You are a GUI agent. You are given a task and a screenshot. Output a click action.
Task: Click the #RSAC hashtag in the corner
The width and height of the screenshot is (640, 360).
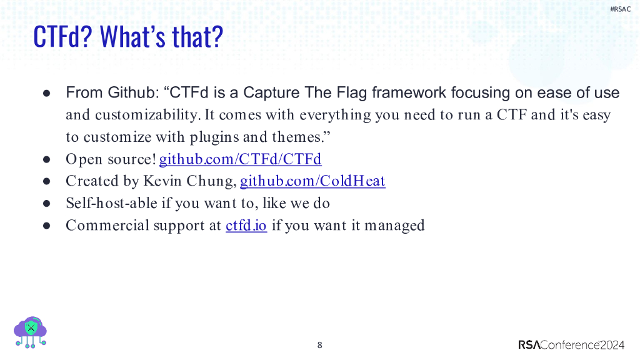620,9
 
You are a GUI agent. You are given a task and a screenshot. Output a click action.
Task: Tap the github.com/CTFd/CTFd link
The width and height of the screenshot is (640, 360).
240,159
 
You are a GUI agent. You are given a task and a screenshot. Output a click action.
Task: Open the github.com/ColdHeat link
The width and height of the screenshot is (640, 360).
312,181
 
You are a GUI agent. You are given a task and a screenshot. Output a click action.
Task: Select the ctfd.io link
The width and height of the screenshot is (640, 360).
246,225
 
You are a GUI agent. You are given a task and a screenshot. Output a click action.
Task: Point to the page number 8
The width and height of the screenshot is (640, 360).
320,345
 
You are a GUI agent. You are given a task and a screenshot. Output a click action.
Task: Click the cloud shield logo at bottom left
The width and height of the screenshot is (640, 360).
30,331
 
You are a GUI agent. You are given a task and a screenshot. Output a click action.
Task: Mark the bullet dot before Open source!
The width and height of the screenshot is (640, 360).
46,159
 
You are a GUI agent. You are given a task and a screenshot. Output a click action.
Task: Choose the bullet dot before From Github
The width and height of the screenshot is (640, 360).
46,94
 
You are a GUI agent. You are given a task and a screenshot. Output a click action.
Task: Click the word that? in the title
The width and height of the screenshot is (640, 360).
197,37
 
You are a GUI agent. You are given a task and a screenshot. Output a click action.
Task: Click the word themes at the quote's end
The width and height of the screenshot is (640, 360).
296,137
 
